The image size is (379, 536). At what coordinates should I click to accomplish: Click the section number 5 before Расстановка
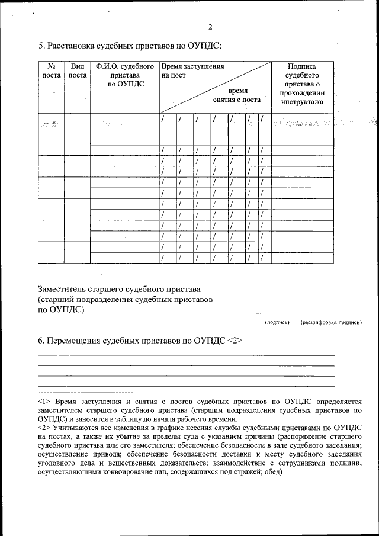[x=41, y=45]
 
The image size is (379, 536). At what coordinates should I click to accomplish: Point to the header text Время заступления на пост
[x=192, y=72]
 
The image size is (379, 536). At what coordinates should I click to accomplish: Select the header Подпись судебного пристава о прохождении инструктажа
[x=302, y=84]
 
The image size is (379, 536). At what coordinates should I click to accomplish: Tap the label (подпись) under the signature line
[x=277, y=322]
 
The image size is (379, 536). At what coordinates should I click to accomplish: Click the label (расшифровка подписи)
[x=331, y=322]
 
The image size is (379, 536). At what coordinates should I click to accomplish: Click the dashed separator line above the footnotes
[x=85, y=392]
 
